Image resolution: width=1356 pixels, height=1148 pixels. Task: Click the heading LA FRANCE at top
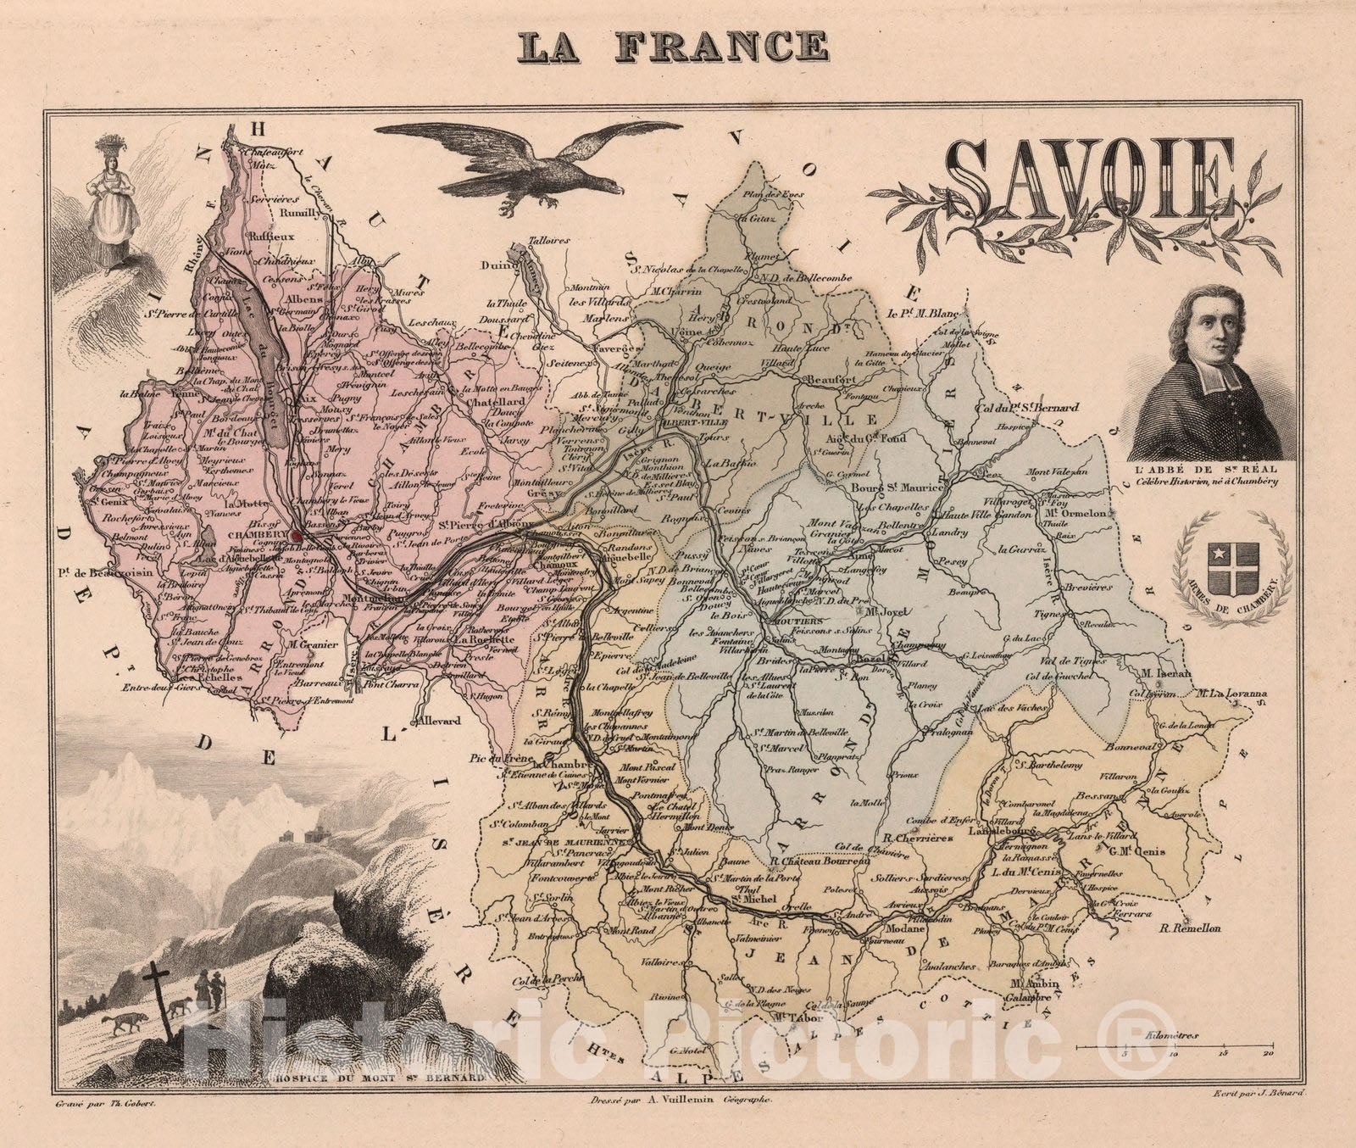(x=674, y=47)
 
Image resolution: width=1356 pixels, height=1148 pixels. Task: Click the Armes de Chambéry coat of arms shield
(x=1229, y=557)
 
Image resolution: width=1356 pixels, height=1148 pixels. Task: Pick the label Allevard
(x=436, y=722)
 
